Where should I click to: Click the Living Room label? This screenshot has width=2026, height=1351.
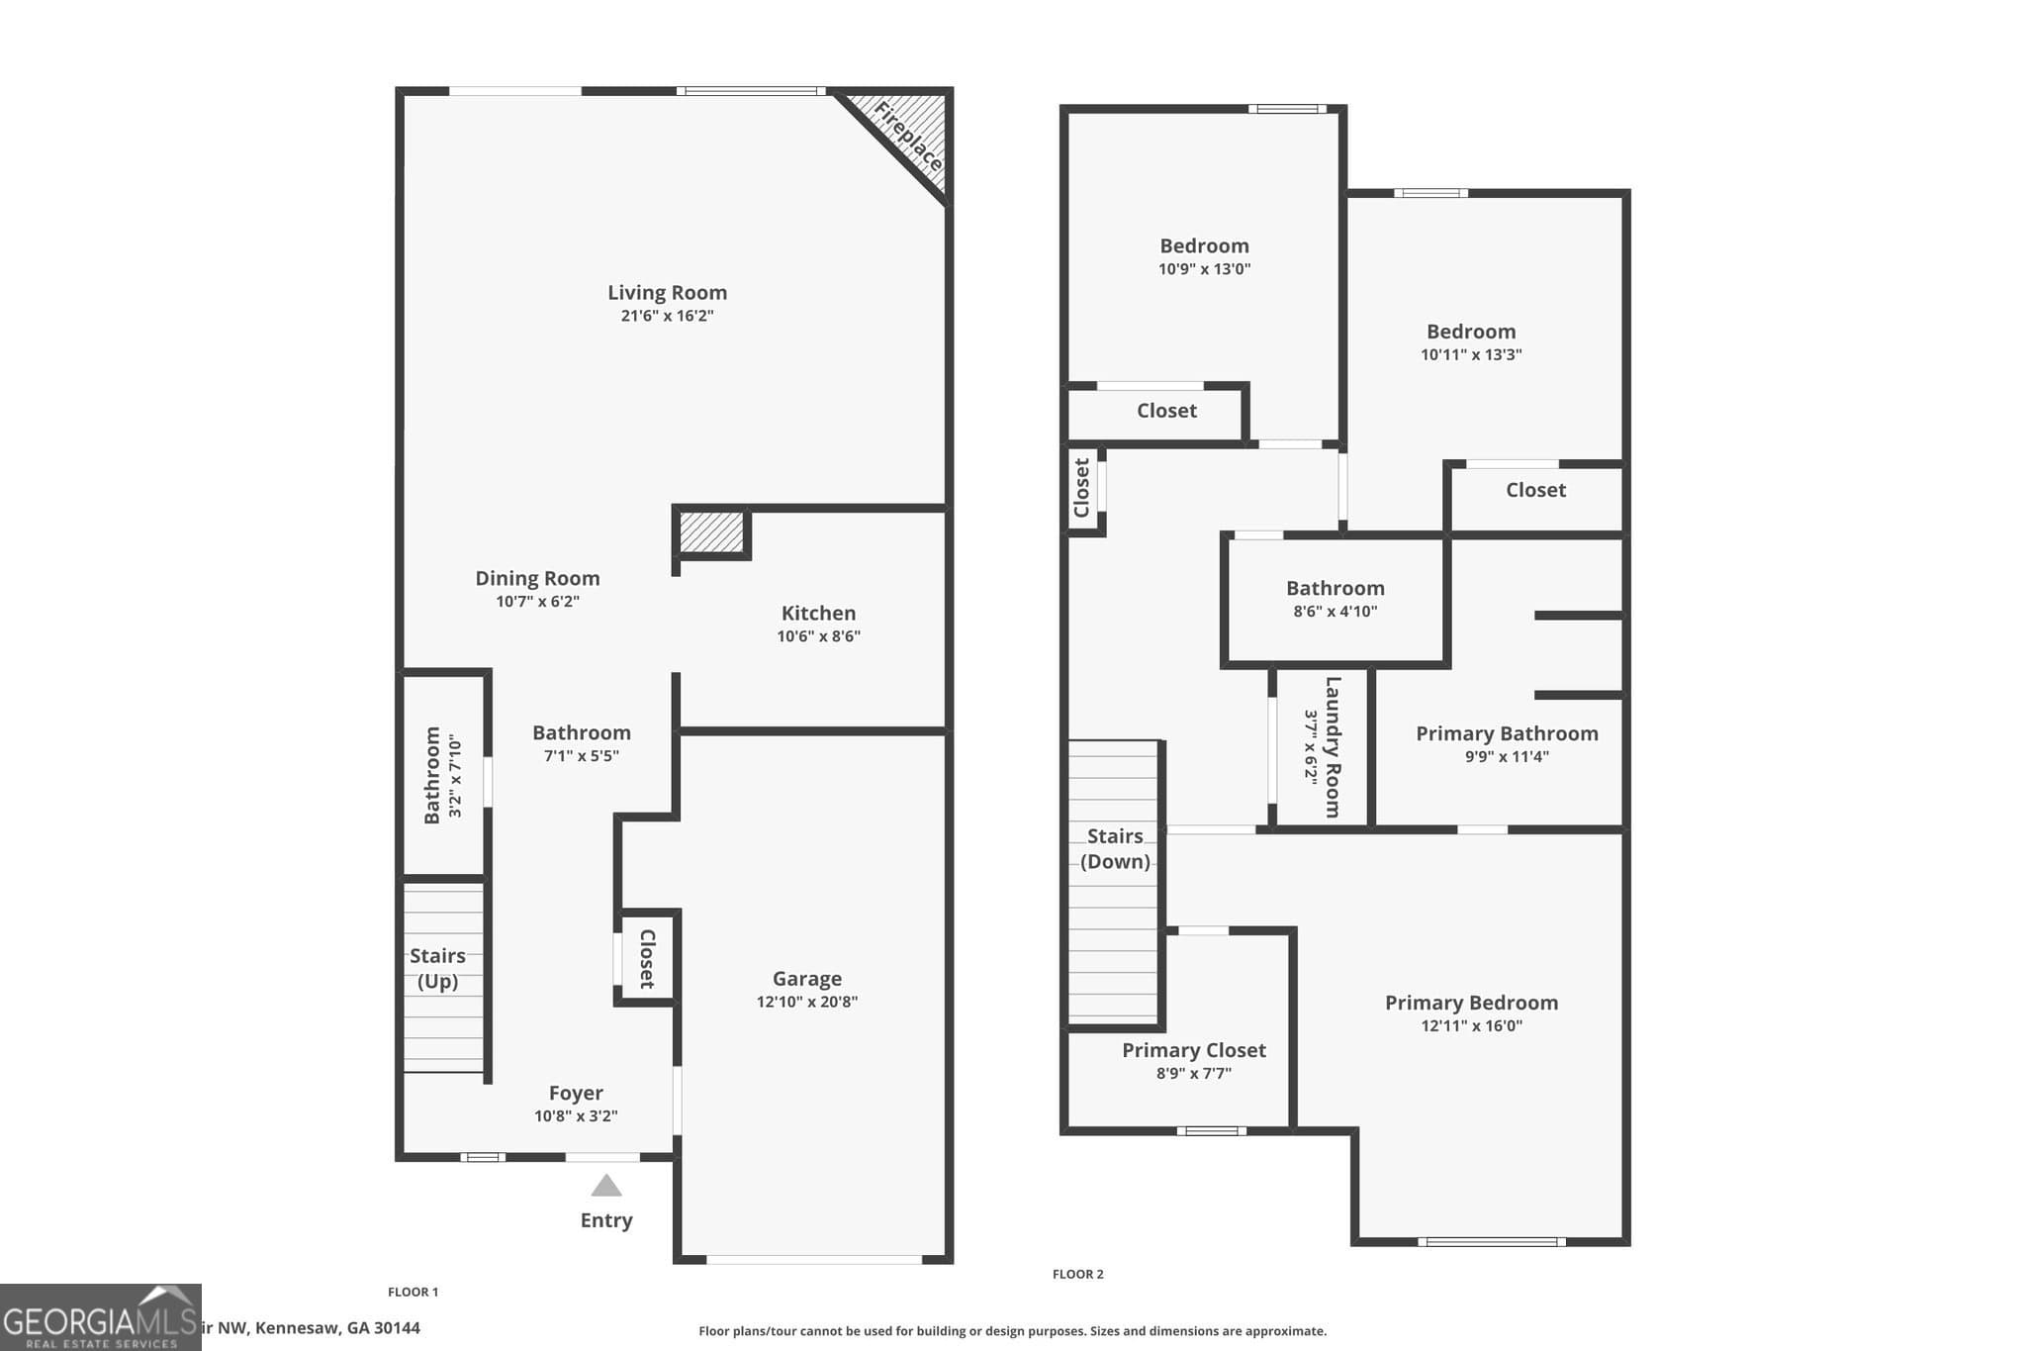point(667,293)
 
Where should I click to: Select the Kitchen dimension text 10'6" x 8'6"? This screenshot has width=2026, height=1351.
point(818,636)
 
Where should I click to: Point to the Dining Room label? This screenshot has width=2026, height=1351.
point(537,578)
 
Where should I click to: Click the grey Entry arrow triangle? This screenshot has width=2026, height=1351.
point(606,1186)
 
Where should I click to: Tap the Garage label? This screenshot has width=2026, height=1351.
point(807,979)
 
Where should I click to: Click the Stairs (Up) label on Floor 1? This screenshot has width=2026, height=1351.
point(437,968)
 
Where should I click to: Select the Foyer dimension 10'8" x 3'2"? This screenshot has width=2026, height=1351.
point(576,1116)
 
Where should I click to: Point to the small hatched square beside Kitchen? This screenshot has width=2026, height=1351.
point(711,532)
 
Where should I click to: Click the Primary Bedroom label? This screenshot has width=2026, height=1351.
point(1471,1003)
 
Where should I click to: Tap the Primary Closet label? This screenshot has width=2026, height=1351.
point(1193,1050)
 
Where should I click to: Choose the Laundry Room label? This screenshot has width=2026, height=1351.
point(1333,746)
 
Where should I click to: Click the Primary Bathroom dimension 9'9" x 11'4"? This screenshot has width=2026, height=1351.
point(1507,757)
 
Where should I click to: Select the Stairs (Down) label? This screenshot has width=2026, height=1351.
point(1115,848)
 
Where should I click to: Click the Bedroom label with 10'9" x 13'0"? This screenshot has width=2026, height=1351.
point(1204,245)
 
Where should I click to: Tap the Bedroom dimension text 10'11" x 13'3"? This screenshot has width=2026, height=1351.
point(1471,354)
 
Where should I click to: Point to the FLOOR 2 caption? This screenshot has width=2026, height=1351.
point(1077,1274)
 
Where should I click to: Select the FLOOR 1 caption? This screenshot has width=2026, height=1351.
point(413,1292)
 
